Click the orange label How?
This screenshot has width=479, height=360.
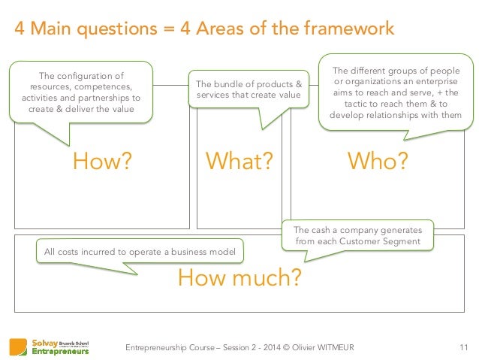pos(101,162)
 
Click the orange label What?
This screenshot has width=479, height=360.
pos(239,162)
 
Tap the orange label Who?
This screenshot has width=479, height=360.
pos(378,162)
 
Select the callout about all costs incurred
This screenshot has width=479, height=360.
pos(140,251)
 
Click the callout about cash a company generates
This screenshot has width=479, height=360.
pos(357,235)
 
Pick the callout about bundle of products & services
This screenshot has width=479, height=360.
pos(248,89)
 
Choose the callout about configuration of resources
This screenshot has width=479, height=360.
pos(81,91)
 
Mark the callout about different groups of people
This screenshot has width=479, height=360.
pos(395,93)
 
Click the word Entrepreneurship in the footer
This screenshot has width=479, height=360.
pos(155,346)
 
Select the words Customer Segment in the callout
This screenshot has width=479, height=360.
pos(381,241)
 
